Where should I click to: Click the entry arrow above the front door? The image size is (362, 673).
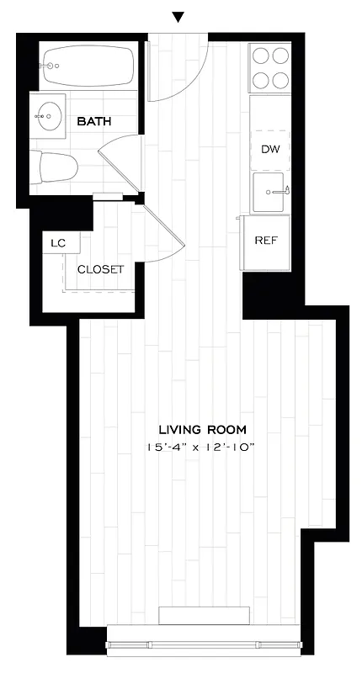(x=178, y=17)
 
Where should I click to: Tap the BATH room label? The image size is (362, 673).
(x=94, y=122)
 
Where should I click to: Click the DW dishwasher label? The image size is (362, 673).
(x=269, y=150)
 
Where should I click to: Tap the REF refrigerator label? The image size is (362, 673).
(x=266, y=240)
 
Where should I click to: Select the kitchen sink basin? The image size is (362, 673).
(x=269, y=193)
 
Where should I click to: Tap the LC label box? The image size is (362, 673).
(x=58, y=243)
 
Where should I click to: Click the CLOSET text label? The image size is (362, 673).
(x=101, y=270)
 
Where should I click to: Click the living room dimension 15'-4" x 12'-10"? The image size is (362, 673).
(x=199, y=448)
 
